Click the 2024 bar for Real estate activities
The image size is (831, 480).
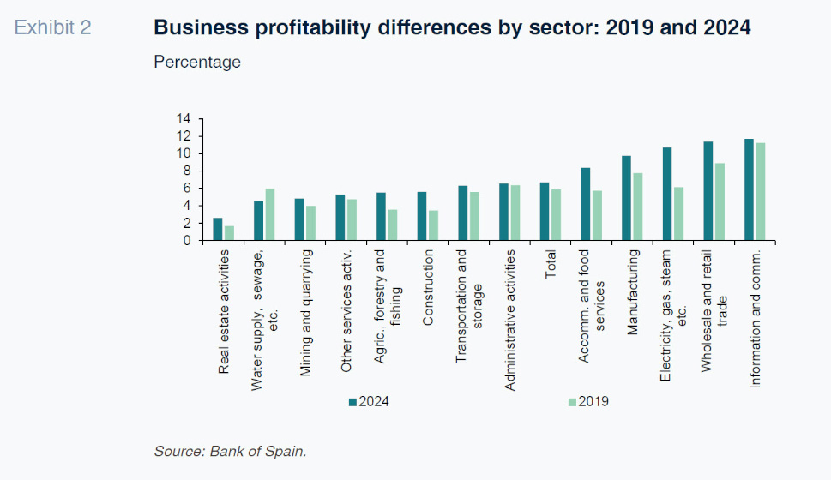[x=218, y=230]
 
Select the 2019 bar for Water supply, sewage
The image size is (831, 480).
[x=270, y=214]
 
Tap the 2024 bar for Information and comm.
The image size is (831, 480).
[x=749, y=189]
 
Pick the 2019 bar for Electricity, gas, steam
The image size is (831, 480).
[x=679, y=213]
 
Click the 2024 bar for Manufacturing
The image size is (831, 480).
[x=626, y=198]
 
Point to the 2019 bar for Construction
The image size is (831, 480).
[x=434, y=225]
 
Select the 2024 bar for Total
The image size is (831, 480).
[x=544, y=212]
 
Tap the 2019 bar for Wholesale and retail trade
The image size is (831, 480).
[x=720, y=201]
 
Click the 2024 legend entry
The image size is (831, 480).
[x=368, y=401]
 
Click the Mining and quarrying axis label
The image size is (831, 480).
[x=305, y=313]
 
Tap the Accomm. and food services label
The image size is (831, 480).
[x=591, y=319]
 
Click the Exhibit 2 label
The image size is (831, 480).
[x=53, y=28]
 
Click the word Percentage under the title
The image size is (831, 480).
[x=197, y=63]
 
